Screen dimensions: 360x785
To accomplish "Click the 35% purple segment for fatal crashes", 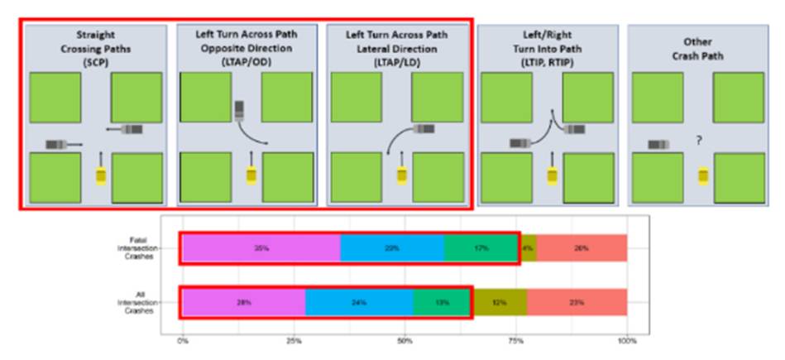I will click(261, 247).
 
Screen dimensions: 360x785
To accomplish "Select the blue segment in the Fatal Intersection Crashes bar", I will click(392, 247).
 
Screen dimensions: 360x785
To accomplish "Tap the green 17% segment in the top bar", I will click(481, 247).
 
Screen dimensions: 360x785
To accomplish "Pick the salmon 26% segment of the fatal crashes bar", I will click(582, 247).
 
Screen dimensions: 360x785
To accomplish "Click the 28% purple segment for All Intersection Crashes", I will click(244, 302).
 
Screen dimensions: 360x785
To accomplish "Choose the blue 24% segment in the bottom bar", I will click(359, 302).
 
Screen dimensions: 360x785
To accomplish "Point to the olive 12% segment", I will click(500, 302).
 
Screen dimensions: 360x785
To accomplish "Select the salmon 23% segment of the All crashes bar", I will click(577, 302).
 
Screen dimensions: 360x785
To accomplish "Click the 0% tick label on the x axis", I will click(183, 339).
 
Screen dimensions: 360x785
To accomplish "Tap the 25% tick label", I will click(293, 339).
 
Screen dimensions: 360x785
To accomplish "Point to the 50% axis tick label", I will click(404, 339).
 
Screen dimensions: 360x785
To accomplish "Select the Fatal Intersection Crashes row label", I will click(138, 247).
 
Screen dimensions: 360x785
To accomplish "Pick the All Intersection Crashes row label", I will click(138, 302).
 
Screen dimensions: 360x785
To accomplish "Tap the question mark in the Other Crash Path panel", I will click(698, 142).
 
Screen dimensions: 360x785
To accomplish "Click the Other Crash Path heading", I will click(698, 47).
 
